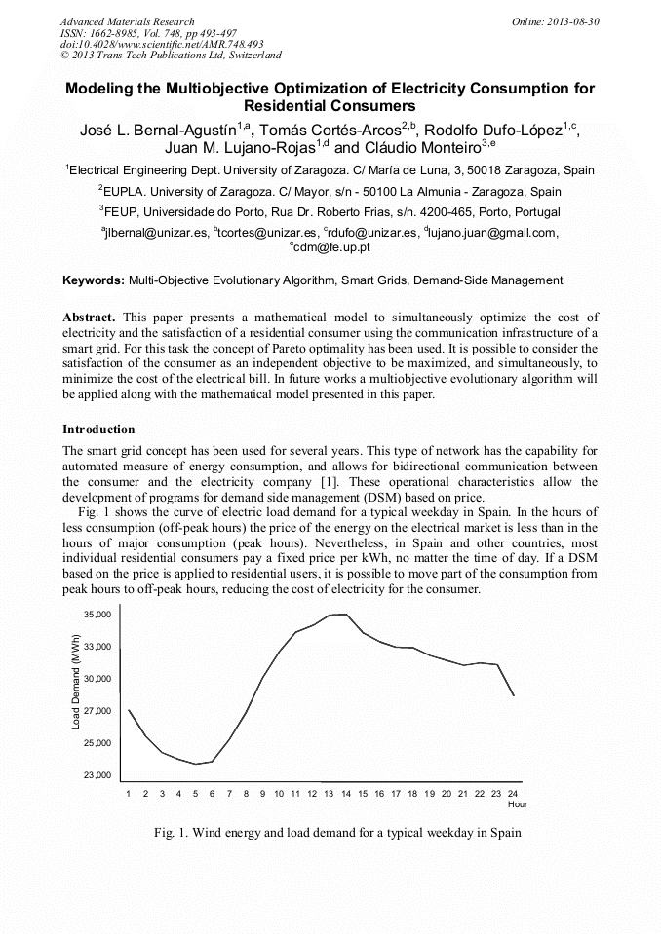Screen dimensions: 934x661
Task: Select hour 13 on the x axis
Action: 330,794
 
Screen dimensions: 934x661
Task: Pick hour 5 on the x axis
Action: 196,794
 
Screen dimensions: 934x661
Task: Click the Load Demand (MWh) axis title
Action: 75,681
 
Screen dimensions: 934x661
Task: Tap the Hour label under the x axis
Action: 518,804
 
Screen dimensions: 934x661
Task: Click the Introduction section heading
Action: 98,429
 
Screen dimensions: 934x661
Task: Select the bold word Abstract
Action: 90,318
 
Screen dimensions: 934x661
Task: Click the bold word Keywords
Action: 94,280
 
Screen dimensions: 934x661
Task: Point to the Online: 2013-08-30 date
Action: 556,21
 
